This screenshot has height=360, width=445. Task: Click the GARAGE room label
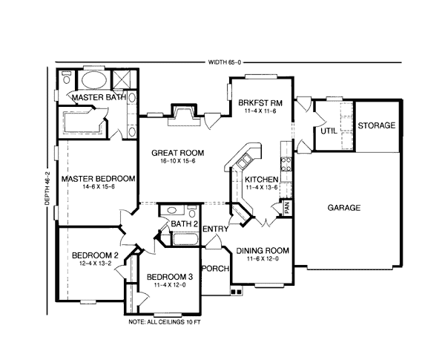coord(344,208)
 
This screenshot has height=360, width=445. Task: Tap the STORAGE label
coord(376,125)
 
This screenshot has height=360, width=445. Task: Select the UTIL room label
coord(329,131)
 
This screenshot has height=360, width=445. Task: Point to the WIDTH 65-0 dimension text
coord(224,62)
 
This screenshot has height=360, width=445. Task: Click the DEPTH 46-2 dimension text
coord(47,188)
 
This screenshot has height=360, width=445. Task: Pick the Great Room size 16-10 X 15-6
coord(178,161)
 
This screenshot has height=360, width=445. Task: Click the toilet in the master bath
coord(67,77)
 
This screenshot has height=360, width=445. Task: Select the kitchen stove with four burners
coord(286,165)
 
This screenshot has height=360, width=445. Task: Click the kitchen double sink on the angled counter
coord(244,161)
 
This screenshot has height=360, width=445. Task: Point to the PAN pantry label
coord(287,207)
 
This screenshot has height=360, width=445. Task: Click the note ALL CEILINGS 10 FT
coord(165,322)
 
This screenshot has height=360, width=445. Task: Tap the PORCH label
coord(215,269)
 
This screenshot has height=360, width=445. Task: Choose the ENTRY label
coord(216,229)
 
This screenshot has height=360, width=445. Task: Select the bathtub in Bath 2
coord(185,239)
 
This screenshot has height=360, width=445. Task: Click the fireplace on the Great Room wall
coord(184,115)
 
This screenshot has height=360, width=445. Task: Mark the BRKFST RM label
coord(260,102)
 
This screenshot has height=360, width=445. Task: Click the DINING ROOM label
coord(263,251)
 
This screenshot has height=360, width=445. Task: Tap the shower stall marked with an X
coord(122,79)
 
